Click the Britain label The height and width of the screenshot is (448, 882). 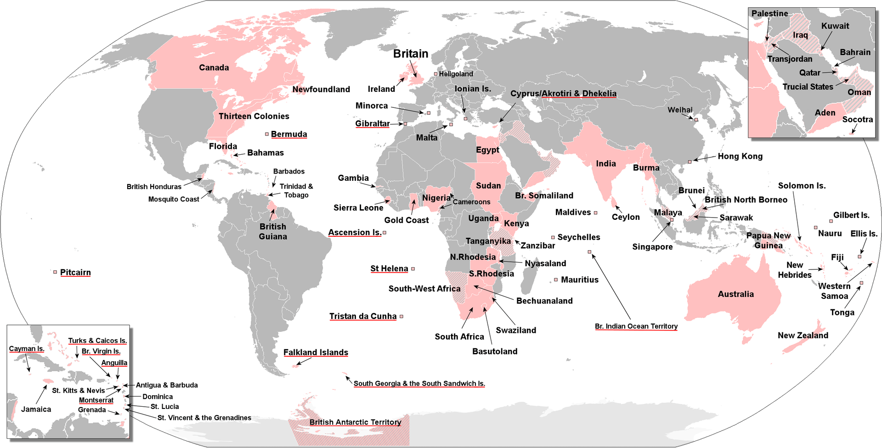410,54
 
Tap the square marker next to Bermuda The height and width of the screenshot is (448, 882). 267,134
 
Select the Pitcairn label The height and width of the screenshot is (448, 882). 75,272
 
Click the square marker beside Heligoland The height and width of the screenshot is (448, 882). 435,73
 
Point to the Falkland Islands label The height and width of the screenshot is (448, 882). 316,352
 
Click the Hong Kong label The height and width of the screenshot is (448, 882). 740,156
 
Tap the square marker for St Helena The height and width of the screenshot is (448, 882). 413,269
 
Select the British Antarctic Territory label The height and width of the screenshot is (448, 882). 355,422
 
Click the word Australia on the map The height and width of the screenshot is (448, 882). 735,294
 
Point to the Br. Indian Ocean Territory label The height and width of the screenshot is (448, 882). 636,326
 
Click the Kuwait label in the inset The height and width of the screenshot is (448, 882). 835,26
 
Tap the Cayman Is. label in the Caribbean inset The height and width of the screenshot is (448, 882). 27,348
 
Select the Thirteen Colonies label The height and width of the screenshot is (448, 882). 254,116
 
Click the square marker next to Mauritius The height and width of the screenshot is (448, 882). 556,280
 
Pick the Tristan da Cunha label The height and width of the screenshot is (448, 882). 362,316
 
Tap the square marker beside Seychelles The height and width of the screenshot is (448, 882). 553,237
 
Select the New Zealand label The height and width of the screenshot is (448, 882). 803,335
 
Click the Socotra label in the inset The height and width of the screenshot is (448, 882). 857,119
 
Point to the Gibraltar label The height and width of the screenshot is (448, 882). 372,123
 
